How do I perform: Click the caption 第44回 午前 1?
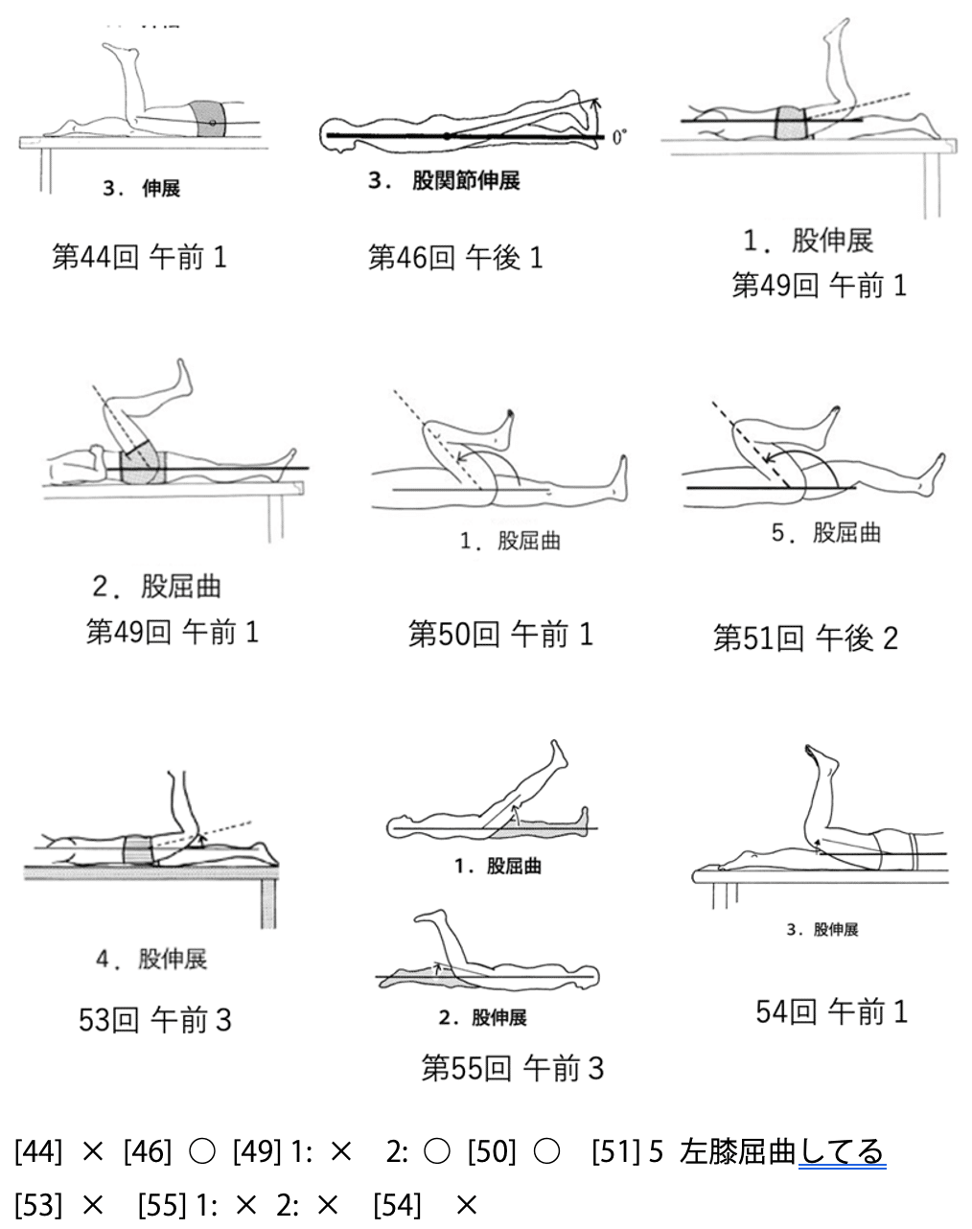[x=139, y=257]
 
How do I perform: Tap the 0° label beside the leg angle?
[x=620, y=136]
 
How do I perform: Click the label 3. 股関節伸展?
[x=444, y=180]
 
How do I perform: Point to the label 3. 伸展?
[x=142, y=189]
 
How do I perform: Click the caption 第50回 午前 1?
[x=500, y=634]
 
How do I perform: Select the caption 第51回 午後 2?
[x=805, y=638]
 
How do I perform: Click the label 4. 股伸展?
[x=152, y=959]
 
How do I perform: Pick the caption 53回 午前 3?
[x=154, y=1020]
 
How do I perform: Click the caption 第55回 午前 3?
[x=513, y=1068]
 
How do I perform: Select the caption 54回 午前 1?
[x=831, y=1012]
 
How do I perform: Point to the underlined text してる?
[x=842, y=1151]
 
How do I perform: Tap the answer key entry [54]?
[x=397, y=1203]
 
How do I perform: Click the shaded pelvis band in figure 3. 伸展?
[x=211, y=120]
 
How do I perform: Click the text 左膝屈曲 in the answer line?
[x=737, y=1151]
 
